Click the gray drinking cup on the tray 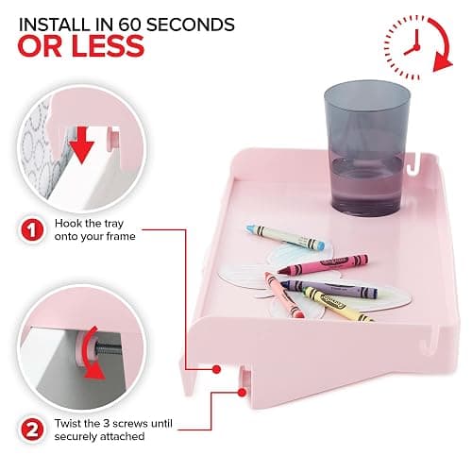coord(367,148)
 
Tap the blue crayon coord(285,237)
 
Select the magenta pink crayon coord(324,264)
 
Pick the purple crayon coord(329,289)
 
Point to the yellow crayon coord(338,304)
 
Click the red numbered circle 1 coord(32,230)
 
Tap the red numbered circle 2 coord(32,430)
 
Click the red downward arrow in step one coord(82,145)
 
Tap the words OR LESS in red coord(81,46)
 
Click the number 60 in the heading coord(129,25)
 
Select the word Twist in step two coord(68,423)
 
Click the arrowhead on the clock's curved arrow coord(443,64)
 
